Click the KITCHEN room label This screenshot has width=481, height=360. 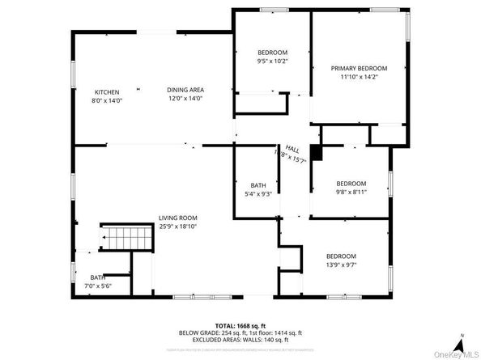[107, 91]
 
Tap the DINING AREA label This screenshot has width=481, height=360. [185, 90]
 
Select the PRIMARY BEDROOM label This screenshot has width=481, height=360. [359, 68]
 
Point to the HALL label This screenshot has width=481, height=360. [292, 150]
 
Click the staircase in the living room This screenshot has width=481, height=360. [130, 239]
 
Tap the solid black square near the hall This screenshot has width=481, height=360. [317, 151]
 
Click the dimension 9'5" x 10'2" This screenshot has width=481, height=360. [272, 61]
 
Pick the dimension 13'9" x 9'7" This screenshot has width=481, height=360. [341, 265]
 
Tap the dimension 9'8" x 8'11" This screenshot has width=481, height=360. [351, 193]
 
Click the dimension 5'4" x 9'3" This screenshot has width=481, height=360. [258, 194]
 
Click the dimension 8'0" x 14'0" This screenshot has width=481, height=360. [107, 100]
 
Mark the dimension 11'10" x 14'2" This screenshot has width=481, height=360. [359, 77]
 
